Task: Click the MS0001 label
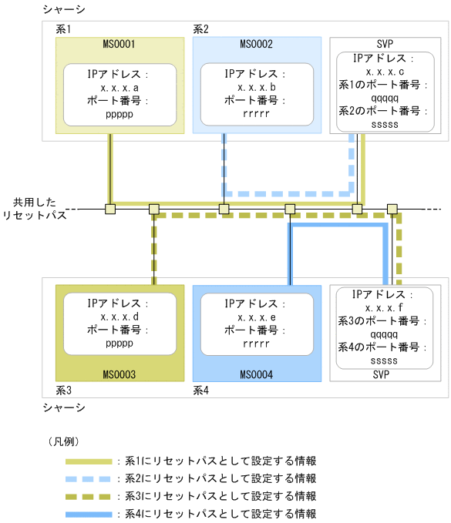119,45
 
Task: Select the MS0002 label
256,45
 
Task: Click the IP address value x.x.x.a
119,88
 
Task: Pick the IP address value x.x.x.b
256,88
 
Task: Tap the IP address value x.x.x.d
119,317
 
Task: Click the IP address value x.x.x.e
256,317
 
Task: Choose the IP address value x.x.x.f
379,308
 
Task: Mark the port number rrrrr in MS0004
256,341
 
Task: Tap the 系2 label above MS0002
200,28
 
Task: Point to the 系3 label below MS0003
65,390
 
